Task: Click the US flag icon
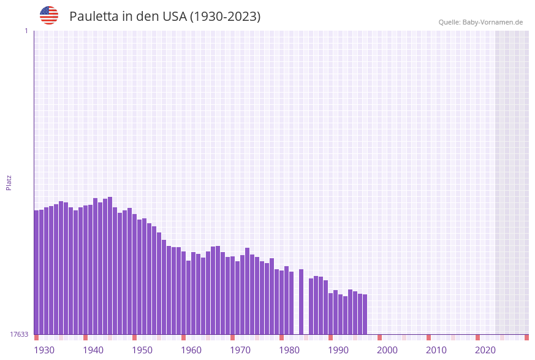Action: [49, 15]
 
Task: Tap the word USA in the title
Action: [174, 17]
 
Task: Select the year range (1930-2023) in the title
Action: [225, 17]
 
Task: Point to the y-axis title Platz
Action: [9, 182]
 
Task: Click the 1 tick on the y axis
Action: [26, 31]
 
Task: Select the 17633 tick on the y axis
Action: [19, 334]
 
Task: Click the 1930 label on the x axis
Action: [44, 350]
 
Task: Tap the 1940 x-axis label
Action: [93, 350]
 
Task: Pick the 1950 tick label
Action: [142, 350]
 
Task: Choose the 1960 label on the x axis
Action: [191, 350]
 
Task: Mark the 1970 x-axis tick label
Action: [240, 350]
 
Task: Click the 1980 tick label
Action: [289, 350]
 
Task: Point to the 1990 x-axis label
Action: [338, 350]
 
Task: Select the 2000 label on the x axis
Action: [387, 350]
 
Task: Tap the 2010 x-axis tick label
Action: [436, 350]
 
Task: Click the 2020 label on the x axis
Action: [485, 350]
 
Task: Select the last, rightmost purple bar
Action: [365, 314]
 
